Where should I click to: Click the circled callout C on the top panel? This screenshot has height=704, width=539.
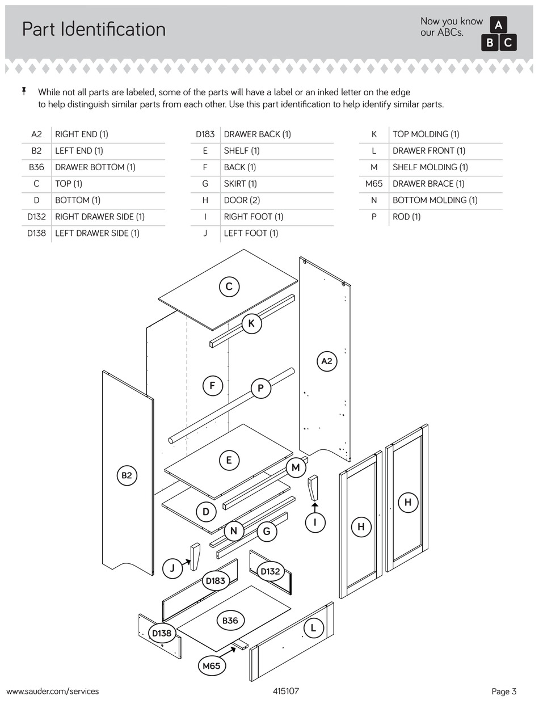tap(229, 286)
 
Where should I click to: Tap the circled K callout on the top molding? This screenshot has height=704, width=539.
tap(251, 324)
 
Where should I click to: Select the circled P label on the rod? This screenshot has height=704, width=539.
tap(260, 388)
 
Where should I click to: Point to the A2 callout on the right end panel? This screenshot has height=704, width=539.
tap(327, 361)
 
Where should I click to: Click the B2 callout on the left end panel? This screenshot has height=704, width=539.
tap(127, 475)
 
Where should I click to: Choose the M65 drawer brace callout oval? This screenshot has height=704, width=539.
tap(211, 666)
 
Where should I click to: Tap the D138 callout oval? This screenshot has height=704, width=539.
tap(162, 633)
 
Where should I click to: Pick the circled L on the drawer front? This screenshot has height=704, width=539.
tap(313, 628)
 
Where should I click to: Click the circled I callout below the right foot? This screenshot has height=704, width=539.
tap(315, 522)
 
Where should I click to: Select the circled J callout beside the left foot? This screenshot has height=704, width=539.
tap(172, 568)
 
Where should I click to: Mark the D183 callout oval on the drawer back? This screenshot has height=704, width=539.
tap(216, 580)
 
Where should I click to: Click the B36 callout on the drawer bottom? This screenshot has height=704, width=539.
tap(230, 621)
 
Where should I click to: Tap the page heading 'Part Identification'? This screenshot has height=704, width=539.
tap(94, 29)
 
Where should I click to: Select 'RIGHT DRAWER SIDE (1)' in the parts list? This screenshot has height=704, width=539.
tap(99, 217)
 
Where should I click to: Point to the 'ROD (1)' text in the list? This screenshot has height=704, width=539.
tap(406, 217)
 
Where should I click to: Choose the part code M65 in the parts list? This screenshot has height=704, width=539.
tap(374, 184)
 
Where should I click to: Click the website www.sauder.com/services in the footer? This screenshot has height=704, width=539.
tap(53, 691)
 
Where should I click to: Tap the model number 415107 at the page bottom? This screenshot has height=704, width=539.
tap(286, 691)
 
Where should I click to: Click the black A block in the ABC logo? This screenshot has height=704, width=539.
tap(499, 25)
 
